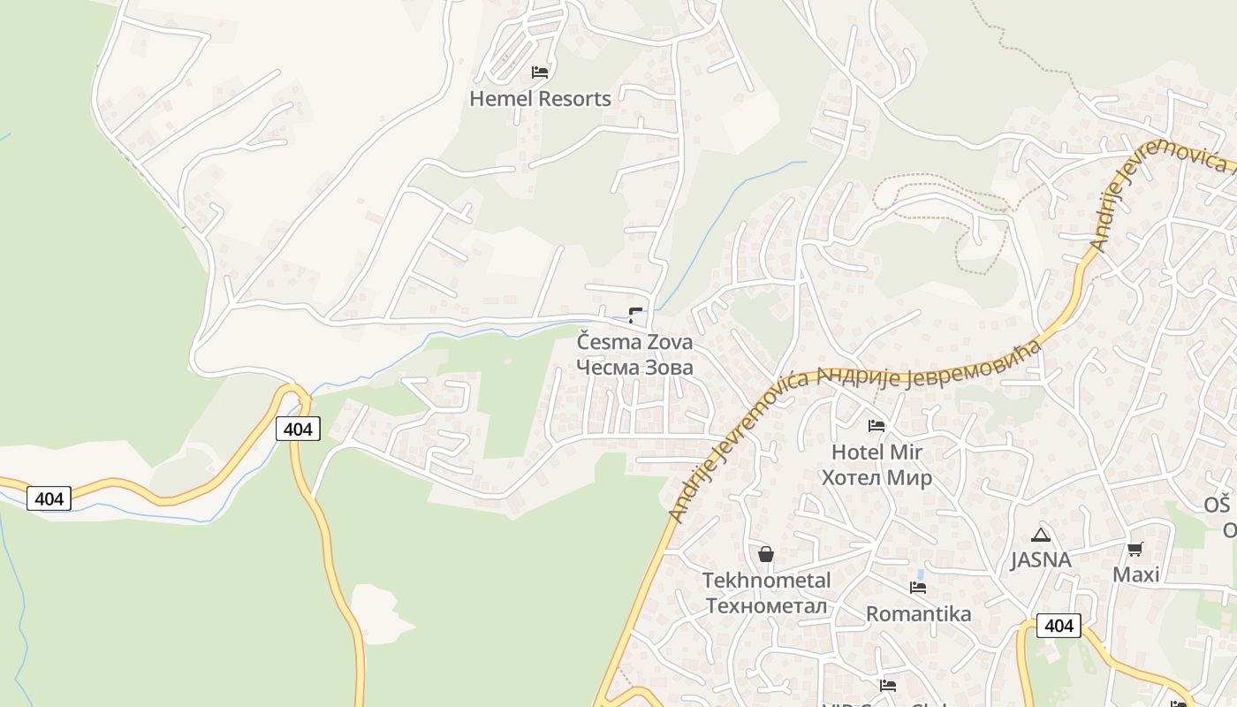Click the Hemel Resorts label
[x=540, y=99]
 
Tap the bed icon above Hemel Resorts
[x=540, y=72]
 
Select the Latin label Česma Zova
[x=634, y=341]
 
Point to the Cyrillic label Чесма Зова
[x=634, y=367]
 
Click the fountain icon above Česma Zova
[x=635, y=314]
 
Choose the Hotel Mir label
[x=877, y=452]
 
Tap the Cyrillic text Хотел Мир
[x=877, y=478]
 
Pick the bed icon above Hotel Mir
[x=877, y=426]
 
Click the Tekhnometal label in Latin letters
[x=766, y=581]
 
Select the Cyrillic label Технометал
[x=766, y=606]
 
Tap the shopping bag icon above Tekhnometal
[x=766, y=554]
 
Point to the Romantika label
[x=918, y=613]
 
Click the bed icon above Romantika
[x=918, y=588]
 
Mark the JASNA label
[x=1041, y=559]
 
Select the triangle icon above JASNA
[x=1041, y=535]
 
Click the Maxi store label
[x=1135, y=575]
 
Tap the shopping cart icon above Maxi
[x=1135, y=550]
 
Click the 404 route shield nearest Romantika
[x=1059, y=627]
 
